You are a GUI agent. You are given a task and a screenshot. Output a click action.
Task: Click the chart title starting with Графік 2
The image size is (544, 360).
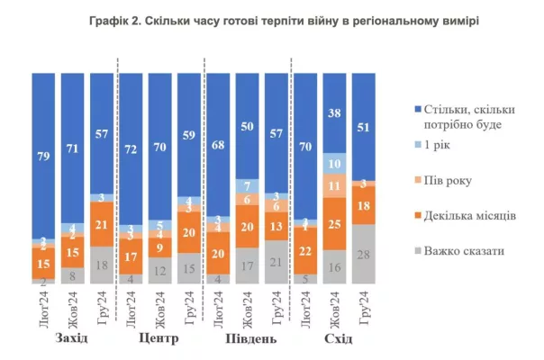(x=272, y=19)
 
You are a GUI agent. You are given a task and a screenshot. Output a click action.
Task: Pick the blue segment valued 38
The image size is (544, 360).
(x=334, y=112)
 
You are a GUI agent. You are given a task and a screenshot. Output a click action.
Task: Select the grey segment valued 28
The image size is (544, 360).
(x=364, y=255)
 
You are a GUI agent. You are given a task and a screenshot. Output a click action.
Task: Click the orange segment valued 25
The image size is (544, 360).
(x=334, y=222)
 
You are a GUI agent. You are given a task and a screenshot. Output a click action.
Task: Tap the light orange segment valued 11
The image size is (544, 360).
(x=334, y=185)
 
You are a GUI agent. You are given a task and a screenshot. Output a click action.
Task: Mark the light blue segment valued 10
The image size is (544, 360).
(x=334, y=164)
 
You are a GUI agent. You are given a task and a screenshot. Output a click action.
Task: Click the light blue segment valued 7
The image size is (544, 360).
(x=247, y=185)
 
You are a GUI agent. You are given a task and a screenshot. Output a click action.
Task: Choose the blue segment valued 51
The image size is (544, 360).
(x=364, y=126)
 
